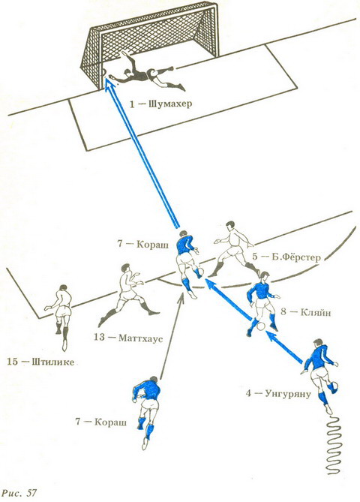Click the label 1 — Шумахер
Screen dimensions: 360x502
160,104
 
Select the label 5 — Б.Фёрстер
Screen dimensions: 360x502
286,257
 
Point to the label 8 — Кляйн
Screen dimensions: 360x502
305,311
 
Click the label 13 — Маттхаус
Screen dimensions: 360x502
128,338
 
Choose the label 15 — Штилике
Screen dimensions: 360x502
40,362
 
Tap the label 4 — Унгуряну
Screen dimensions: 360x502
278,393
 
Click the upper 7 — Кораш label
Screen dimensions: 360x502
142,245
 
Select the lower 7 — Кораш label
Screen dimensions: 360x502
100,422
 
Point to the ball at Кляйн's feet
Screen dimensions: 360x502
261,326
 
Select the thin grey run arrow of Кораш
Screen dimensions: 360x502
171,336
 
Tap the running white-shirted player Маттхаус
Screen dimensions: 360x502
128,292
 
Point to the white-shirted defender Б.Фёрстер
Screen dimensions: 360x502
235,250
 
